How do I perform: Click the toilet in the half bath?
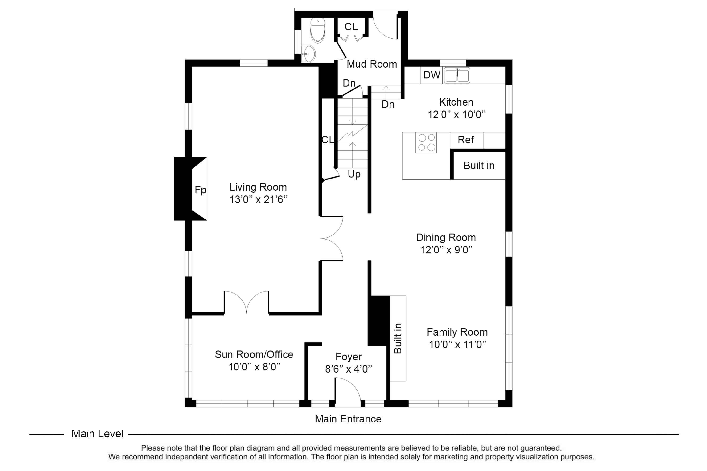point(317,31)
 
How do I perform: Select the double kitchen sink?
point(457,75)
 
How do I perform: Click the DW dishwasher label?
point(432,75)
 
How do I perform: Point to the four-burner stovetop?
point(426,143)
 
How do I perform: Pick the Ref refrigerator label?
point(466,140)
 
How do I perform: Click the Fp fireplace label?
point(201,190)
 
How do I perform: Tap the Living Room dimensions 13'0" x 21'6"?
point(259,199)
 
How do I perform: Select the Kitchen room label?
point(456,102)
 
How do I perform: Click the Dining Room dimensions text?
point(446,250)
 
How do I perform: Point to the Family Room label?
point(457,332)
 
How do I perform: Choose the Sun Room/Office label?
point(254,354)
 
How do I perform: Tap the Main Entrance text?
point(348,419)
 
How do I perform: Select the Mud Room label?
point(372,64)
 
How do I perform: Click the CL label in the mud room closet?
point(351,27)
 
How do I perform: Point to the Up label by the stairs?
point(354,174)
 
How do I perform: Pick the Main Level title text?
point(97,434)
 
